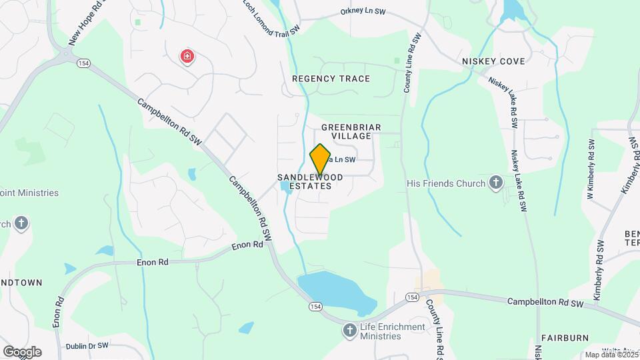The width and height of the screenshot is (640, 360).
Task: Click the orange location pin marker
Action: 320,159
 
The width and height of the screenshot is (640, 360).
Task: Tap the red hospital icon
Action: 187,57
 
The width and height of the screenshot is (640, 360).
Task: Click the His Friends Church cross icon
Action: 495,182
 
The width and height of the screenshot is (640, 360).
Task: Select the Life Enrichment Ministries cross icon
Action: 350,330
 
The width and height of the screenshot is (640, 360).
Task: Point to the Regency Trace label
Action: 331,79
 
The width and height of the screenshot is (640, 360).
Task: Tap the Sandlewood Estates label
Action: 311,181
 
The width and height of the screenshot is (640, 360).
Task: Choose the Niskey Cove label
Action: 493,61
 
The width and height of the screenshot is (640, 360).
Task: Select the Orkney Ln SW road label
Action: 363,11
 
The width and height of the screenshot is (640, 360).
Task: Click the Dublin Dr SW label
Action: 87,347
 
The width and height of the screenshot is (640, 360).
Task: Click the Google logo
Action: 22,352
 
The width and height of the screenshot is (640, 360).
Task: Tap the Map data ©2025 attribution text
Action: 611,355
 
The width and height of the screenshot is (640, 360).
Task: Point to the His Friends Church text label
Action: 446,183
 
